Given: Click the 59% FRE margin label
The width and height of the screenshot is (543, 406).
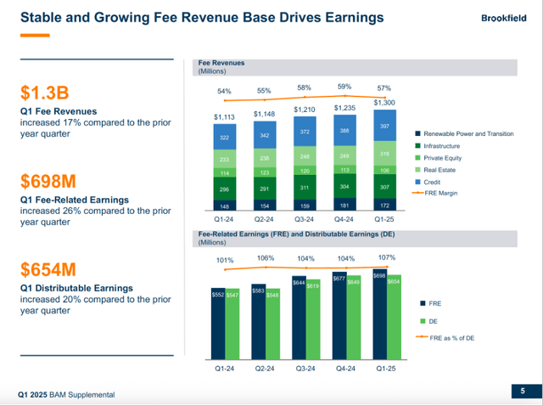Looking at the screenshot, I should [344, 87].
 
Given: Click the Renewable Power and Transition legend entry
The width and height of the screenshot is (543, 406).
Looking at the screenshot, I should [467, 133].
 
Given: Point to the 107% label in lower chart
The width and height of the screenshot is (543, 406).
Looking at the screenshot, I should [386, 257].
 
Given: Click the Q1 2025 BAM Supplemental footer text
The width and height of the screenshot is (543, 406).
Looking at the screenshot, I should [66, 395].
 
